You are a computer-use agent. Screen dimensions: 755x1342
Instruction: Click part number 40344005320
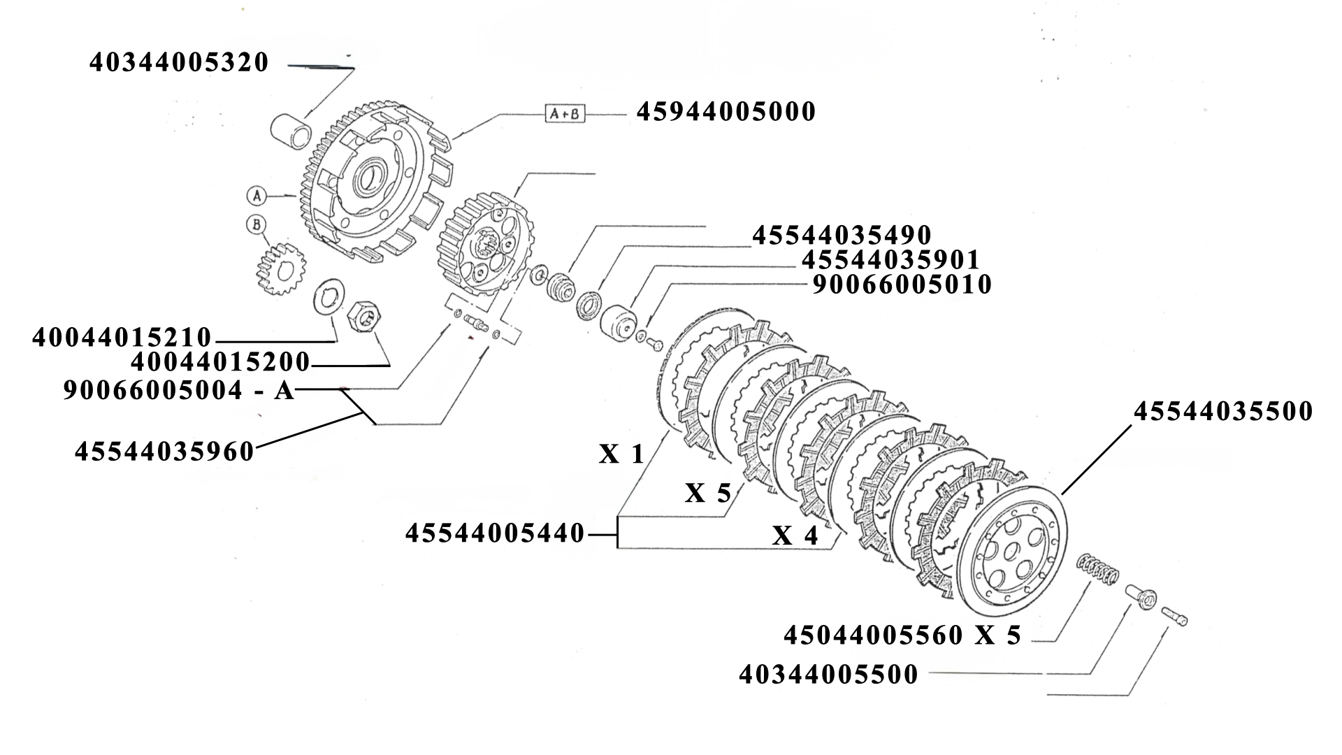(179, 63)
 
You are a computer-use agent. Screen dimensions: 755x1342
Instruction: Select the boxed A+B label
(565, 113)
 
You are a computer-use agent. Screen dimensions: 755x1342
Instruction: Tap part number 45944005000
(726, 112)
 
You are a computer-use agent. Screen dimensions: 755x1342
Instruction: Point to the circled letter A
(257, 196)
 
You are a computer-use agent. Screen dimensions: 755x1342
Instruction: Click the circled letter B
(257, 224)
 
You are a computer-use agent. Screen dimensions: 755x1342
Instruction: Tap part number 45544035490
(842, 236)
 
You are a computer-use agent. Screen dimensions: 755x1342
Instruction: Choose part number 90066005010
(902, 285)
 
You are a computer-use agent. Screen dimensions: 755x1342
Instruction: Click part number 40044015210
(122, 338)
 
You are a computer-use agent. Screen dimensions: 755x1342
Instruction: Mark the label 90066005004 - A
(179, 390)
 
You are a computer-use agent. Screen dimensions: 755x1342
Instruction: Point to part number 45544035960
(164, 452)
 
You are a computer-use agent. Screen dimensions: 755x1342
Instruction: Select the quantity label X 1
(621, 455)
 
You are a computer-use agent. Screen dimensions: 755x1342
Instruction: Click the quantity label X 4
(795, 536)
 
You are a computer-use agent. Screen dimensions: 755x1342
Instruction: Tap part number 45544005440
(495, 534)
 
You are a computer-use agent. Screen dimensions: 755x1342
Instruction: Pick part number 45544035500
(1223, 412)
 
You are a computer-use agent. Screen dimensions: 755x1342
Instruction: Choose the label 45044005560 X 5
(902, 635)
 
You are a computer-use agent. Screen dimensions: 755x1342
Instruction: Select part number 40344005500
(828, 675)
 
